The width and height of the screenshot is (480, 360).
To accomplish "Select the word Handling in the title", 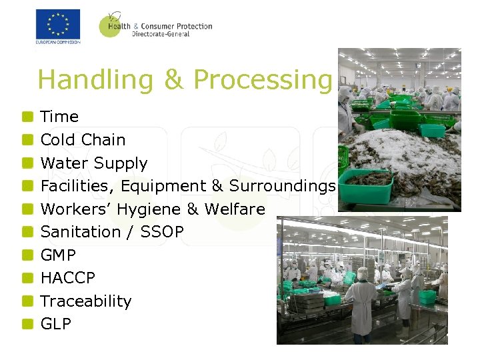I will [x=96, y=79].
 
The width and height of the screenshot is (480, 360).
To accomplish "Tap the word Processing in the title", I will [x=262, y=79].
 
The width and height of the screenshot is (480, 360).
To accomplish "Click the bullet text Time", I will [x=59, y=117].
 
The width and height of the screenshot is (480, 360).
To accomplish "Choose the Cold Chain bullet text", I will [x=83, y=140].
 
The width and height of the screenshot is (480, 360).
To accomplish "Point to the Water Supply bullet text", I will [x=93, y=163].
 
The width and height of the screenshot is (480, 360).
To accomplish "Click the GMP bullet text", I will [x=58, y=255].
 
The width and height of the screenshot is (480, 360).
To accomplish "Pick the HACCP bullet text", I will [x=68, y=278].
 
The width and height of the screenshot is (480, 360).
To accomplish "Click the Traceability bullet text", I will [x=86, y=301].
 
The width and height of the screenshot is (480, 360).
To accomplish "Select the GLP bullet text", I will [x=56, y=324].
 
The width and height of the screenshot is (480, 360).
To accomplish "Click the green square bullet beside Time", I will [x=27, y=117].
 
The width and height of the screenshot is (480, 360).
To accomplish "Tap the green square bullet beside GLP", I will [x=27, y=324].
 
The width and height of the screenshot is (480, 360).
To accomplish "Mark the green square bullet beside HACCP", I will [x=27, y=278].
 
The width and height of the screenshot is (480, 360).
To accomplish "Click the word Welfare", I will [x=235, y=209].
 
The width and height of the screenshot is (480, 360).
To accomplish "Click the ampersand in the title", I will [x=173, y=79].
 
